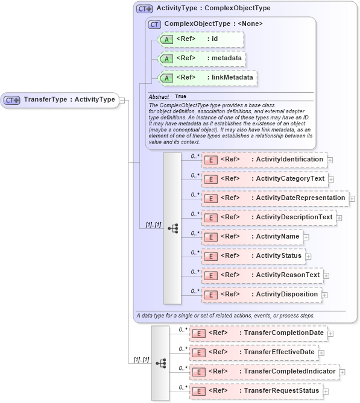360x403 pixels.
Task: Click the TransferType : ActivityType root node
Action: click(x=60, y=99)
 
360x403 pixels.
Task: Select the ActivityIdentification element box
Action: click(x=264, y=160)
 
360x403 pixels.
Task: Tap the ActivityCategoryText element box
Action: click(x=264, y=179)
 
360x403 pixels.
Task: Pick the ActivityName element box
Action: click(x=251, y=237)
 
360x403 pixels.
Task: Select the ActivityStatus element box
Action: click(x=253, y=256)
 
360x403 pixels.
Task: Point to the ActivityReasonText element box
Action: click(x=262, y=275)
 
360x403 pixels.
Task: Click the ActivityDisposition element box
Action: click(x=261, y=295)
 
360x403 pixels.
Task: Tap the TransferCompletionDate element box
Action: click(x=258, y=333)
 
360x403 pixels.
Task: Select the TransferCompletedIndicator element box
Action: click(x=264, y=372)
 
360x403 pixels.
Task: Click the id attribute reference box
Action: click(x=200, y=39)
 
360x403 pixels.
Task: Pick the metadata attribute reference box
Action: click(x=201, y=58)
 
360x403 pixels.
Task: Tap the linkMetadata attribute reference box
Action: click(x=206, y=78)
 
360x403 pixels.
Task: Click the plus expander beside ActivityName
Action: click(x=306, y=237)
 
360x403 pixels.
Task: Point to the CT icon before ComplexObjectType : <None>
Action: click(x=155, y=24)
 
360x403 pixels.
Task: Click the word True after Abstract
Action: click(x=180, y=96)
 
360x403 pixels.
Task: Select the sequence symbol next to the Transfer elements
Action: click(x=160, y=363)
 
